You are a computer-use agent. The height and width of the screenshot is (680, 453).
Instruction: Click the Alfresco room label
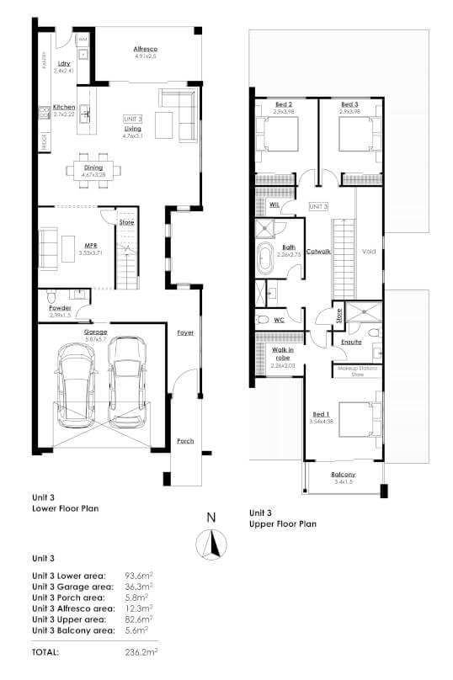tap(146, 50)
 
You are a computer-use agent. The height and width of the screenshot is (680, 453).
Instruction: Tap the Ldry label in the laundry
tap(63, 64)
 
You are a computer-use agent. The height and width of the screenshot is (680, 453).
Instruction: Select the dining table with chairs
tap(93, 168)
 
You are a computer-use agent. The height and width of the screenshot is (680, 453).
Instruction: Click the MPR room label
tap(82, 247)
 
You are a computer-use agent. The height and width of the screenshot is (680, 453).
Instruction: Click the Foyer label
tap(184, 332)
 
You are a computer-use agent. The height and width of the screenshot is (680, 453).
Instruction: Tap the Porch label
tap(184, 440)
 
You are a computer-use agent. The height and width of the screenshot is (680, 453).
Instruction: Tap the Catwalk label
tap(318, 251)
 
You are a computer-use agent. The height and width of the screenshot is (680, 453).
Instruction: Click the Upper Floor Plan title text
tap(283, 523)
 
